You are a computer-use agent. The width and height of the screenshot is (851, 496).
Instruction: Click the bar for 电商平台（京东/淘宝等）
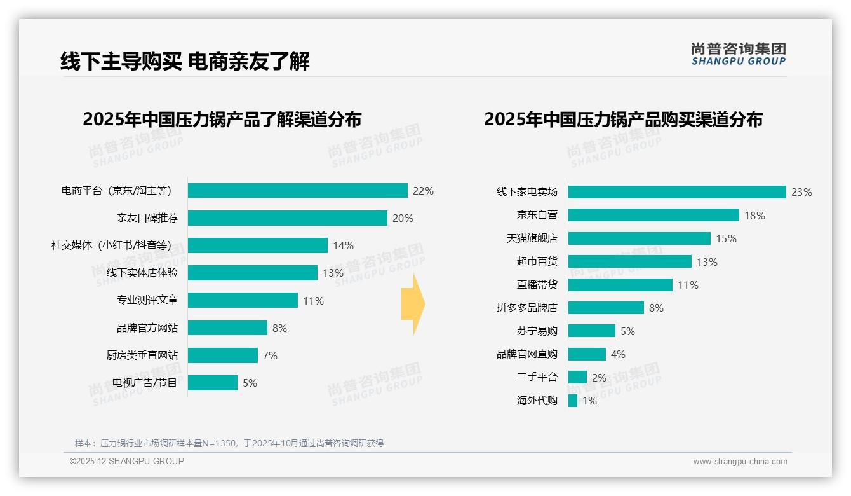click(x=297, y=191)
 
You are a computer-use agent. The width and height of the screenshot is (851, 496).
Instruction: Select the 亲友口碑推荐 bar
click(x=287, y=218)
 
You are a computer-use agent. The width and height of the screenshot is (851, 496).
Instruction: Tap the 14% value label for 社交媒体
click(x=343, y=245)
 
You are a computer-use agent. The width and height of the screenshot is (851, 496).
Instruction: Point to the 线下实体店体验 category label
click(x=142, y=273)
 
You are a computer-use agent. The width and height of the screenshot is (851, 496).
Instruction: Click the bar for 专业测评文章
click(x=243, y=300)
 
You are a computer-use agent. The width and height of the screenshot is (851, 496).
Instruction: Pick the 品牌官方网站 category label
click(x=147, y=328)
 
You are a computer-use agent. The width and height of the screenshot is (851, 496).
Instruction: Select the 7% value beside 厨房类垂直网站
click(x=270, y=355)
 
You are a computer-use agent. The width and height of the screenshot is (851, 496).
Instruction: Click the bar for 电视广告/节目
click(x=212, y=383)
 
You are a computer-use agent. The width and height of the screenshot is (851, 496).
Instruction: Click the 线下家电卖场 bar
click(x=677, y=192)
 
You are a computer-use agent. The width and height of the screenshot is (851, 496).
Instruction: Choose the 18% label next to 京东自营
click(x=754, y=216)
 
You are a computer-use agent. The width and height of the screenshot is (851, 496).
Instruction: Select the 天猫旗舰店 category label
click(x=532, y=238)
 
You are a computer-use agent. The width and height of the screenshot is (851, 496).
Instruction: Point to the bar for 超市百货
click(x=629, y=261)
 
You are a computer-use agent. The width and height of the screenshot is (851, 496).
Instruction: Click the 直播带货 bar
click(x=620, y=285)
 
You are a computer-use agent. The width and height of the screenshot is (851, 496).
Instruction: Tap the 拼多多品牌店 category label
click(x=526, y=308)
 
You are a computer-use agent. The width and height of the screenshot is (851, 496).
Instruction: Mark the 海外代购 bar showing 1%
click(x=572, y=401)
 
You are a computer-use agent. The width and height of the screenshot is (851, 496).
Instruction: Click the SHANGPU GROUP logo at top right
click(x=738, y=54)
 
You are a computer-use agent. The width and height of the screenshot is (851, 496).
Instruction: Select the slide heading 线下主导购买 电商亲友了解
click(x=185, y=62)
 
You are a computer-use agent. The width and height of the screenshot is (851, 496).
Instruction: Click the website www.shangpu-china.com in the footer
click(x=740, y=462)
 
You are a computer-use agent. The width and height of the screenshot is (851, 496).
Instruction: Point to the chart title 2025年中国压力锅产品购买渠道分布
click(x=623, y=120)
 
